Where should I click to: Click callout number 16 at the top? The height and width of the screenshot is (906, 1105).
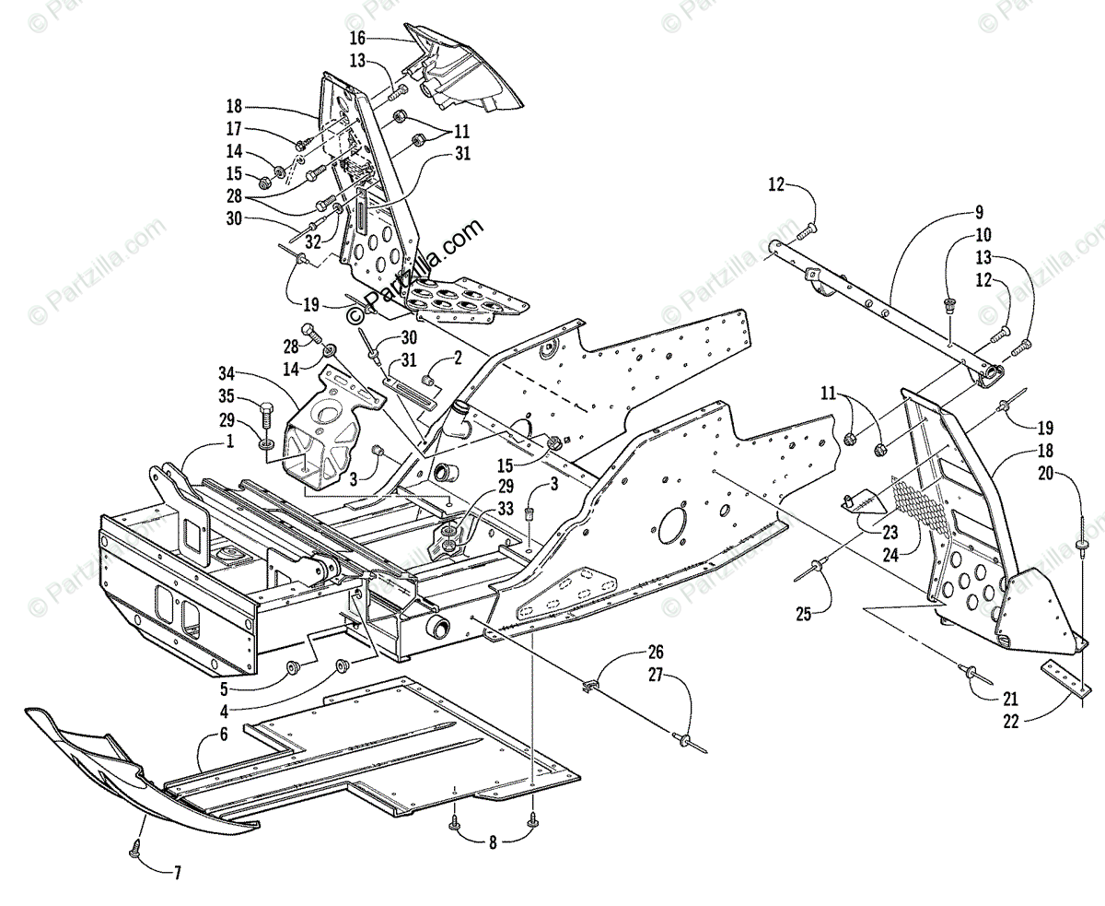tap(356, 38)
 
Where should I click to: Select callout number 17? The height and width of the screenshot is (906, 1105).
tap(235, 129)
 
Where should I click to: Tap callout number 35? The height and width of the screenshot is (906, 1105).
tap(227, 398)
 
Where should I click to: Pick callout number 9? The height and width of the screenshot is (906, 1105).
tap(952, 210)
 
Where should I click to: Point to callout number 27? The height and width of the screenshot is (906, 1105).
tap(655, 675)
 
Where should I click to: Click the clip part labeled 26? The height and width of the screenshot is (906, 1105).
tap(590, 685)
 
